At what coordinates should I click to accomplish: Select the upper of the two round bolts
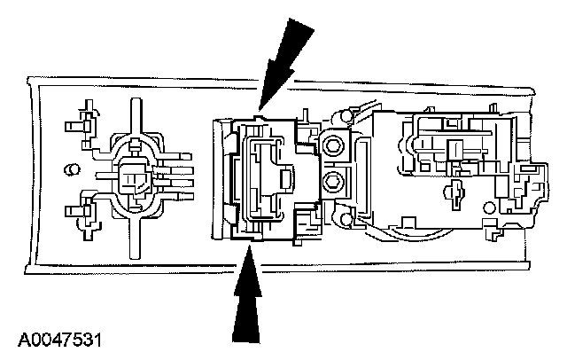334,145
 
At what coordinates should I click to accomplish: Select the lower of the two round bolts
334,183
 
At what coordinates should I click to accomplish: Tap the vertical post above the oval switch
135,115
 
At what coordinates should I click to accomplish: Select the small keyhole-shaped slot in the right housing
459,190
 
